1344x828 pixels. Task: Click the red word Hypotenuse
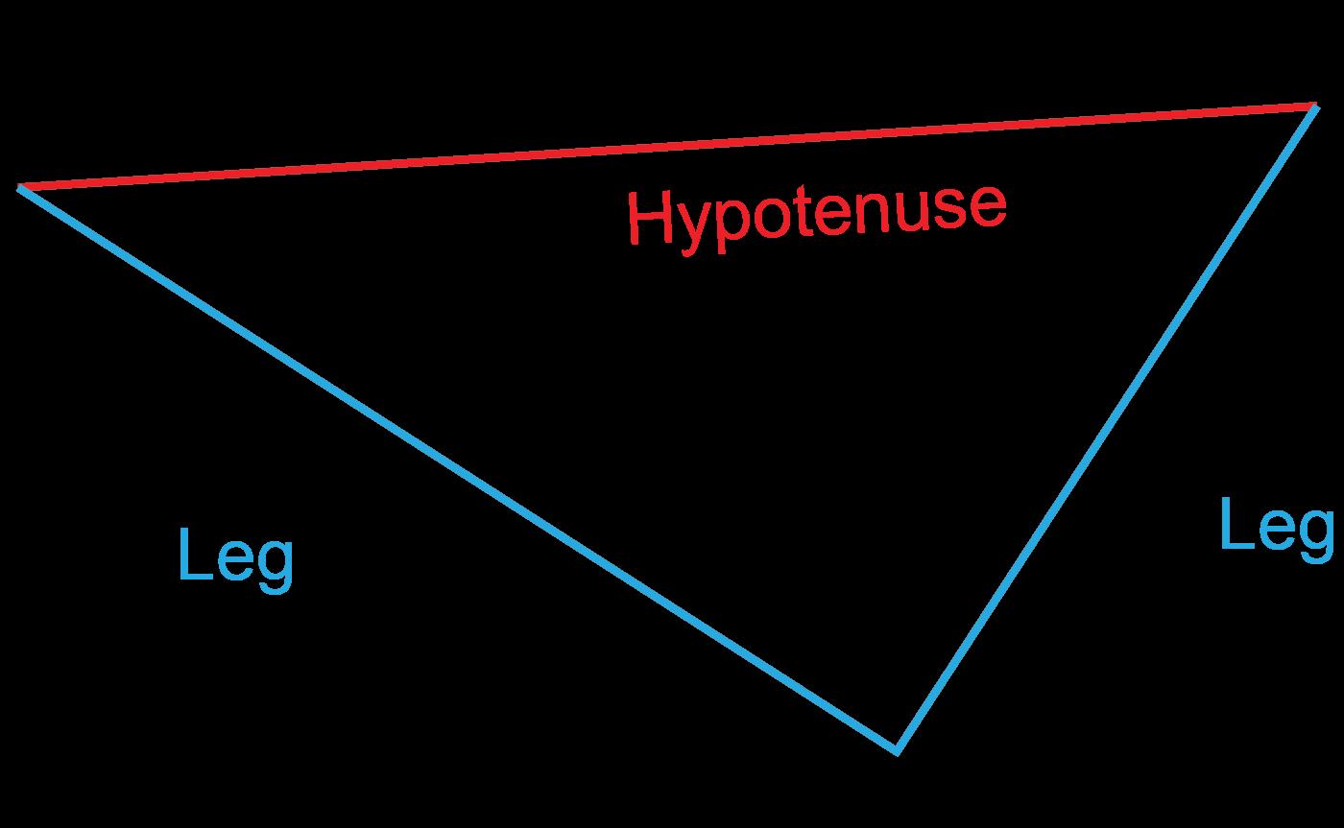(816, 216)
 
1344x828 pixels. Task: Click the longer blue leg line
(456, 467)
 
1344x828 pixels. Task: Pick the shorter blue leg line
(1104, 428)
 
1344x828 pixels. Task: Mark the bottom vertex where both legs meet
(896, 749)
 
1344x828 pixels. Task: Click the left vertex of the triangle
(20, 188)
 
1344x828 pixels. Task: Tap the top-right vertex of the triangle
(1314, 106)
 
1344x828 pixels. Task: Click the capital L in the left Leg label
(191, 555)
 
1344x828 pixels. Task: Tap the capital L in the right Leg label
(1233, 524)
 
